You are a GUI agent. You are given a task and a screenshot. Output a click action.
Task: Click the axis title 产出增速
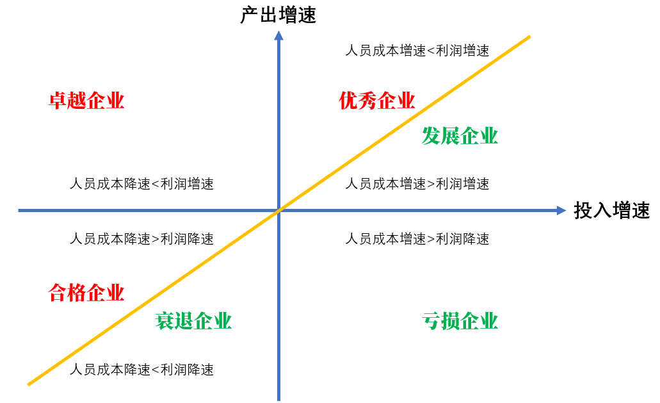278,15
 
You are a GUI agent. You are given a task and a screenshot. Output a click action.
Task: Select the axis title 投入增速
612,210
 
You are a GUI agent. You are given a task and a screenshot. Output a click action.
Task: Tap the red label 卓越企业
86,101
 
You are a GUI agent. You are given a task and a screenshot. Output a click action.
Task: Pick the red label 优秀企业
377,101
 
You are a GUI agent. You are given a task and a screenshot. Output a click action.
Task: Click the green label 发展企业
460,136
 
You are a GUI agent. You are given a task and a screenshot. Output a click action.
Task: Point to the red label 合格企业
86,293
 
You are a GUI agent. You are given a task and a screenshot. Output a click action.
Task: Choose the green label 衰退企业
193,320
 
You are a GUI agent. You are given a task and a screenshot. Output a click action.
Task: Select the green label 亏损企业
460,320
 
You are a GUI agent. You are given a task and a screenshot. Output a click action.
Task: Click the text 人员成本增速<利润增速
417,51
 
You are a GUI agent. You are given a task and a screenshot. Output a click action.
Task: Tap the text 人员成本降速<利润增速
141,184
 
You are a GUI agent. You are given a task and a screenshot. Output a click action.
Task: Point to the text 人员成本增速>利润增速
417,184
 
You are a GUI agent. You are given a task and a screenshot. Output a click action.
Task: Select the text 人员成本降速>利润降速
141,239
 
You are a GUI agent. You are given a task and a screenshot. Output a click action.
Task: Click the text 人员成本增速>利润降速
417,239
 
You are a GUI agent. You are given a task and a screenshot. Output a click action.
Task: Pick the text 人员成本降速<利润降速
141,370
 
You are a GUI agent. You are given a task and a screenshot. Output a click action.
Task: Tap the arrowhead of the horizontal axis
561,210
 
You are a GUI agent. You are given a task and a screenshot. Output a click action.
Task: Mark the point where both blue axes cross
279,210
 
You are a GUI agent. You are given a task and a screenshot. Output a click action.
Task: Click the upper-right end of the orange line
529,37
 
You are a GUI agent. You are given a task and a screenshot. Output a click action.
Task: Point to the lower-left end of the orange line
29,384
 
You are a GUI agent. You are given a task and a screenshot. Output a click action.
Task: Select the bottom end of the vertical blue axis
279,399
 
